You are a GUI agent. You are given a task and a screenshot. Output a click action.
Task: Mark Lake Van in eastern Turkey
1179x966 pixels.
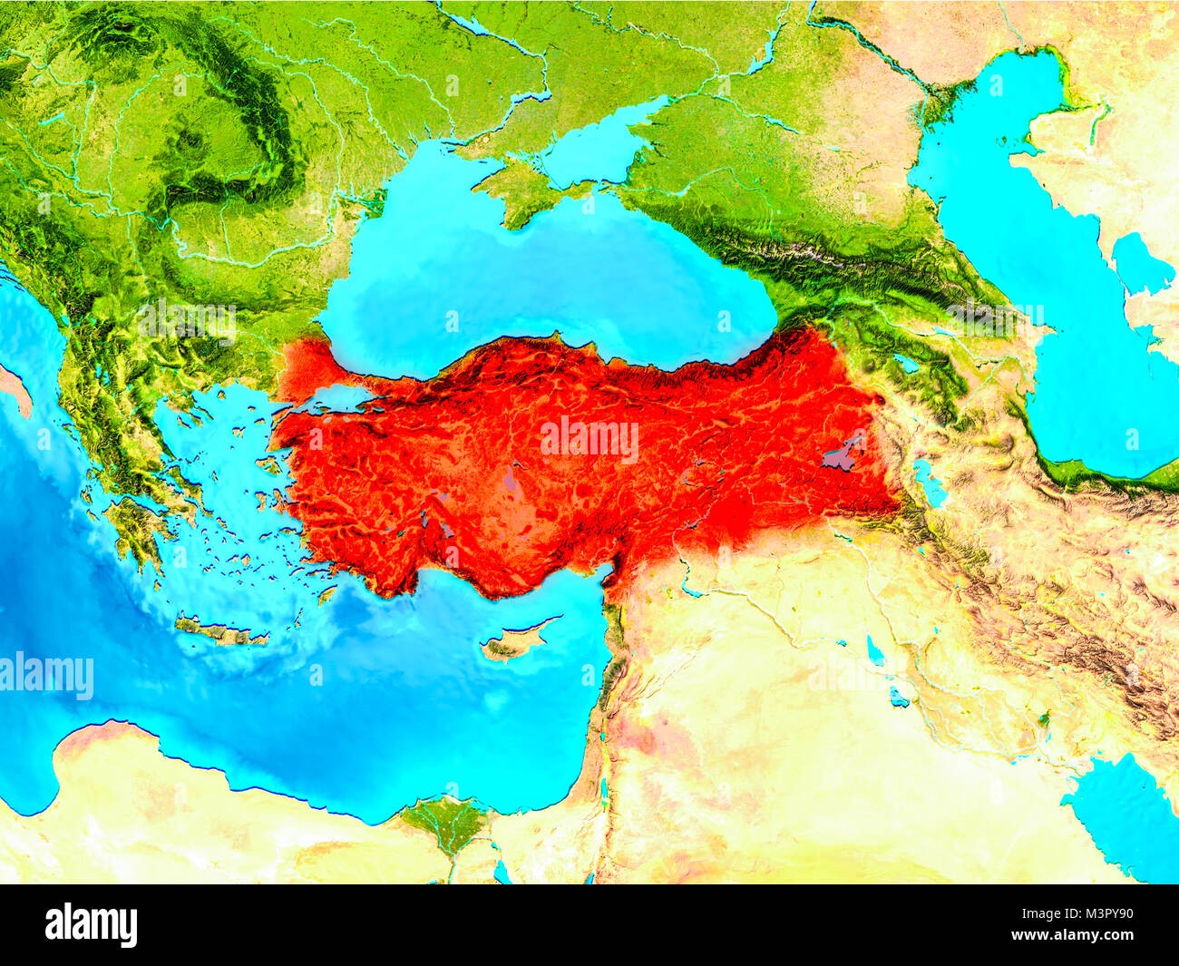coord(843,453)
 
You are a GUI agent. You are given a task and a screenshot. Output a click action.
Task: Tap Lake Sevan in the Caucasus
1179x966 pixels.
coord(904,364)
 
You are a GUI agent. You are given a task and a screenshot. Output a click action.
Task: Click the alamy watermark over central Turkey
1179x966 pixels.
coord(589,440)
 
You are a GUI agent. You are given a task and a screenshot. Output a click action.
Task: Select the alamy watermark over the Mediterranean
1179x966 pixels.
coord(47,677)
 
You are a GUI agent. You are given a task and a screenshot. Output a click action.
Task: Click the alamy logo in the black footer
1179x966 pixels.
coord(92,924)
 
